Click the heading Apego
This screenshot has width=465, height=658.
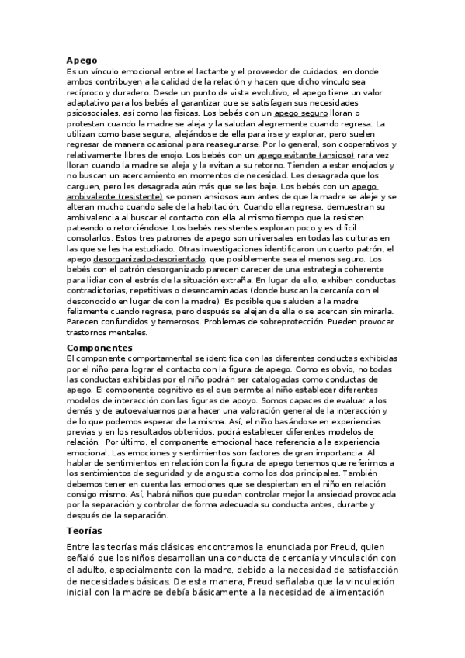pos(82,60)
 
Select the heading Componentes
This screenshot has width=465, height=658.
pos(100,348)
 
